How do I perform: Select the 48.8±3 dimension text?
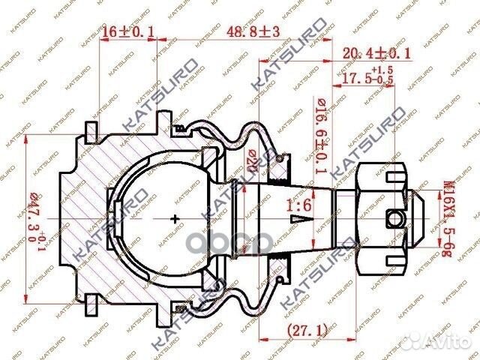tap(244, 31)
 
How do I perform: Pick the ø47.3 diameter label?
tap(31, 220)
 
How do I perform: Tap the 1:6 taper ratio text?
tap(298, 202)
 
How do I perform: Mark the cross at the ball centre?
tap(175, 219)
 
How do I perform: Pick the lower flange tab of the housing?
tap(91, 305)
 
